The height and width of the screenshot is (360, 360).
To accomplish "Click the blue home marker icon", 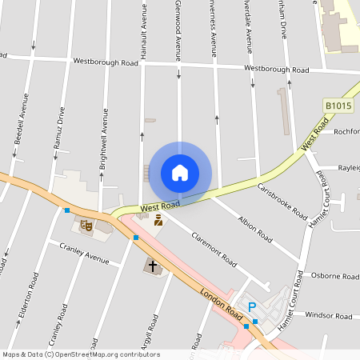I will click(180, 172).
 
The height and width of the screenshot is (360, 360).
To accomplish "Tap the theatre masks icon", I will click(87, 226).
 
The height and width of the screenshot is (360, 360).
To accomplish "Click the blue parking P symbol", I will click(253, 307).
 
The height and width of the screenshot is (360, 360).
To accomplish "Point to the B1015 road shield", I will click(338, 106).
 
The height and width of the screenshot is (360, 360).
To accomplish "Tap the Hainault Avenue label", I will click(145, 29).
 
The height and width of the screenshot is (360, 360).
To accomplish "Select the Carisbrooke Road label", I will click(282, 202).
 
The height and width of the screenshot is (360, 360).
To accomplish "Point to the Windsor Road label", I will click(328, 316).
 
